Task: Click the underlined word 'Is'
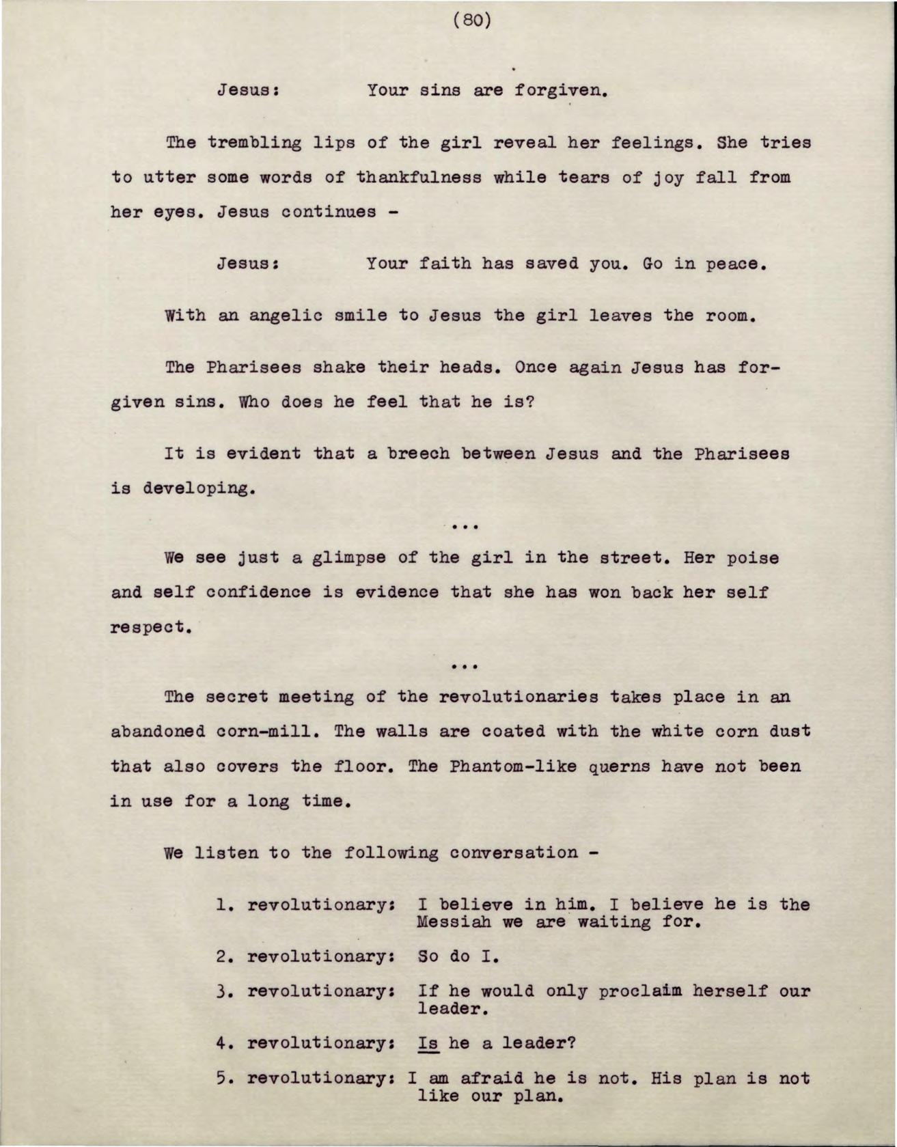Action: (428, 1043)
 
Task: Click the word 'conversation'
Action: (514, 853)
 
